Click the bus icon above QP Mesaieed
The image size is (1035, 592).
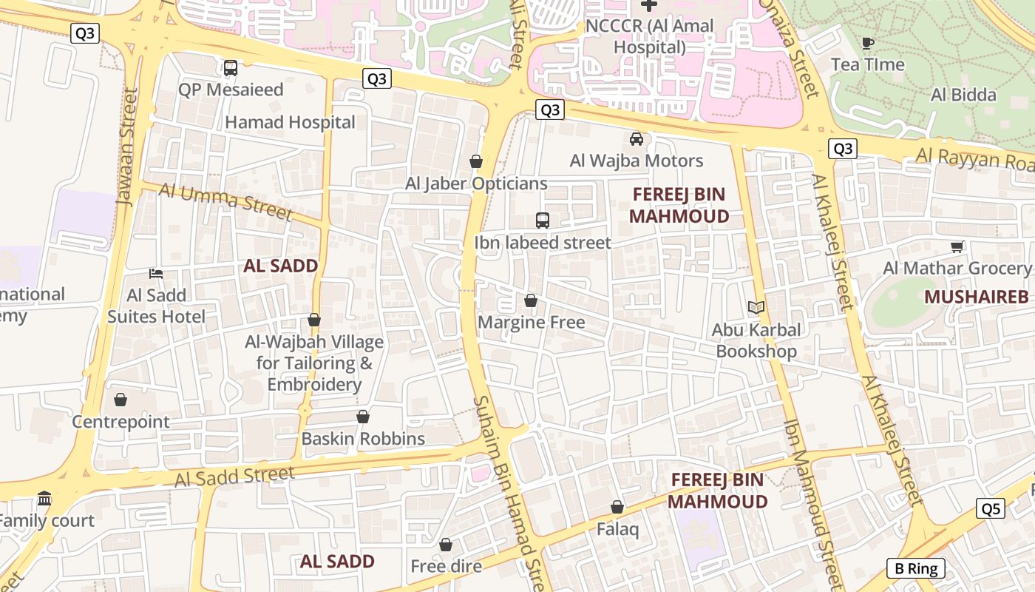click(x=231, y=68)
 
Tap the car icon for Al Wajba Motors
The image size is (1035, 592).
click(x=636, y=138)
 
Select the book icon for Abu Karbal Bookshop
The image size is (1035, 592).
click(x=756, y=307)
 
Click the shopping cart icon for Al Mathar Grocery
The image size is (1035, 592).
click(x=957, y=246)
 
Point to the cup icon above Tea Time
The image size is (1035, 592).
click(x=868, y=43)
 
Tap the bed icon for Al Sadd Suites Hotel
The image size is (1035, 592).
click(x=156, y=273)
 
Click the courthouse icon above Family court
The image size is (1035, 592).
click(x=44, y=498)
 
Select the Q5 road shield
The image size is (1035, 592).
click(x=990, y=508)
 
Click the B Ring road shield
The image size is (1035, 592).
click(x=915, y=568)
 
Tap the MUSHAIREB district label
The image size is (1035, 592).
click(x=976, y=297)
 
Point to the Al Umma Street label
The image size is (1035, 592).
click(x=225, y=201)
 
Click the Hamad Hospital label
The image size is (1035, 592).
click(x=290, y=122)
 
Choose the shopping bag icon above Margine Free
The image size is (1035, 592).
click(x=530, y=300)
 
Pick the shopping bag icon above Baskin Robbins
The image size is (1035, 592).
click(x=363, y=417)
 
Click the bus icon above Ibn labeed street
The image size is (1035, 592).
click(x=543, y=220)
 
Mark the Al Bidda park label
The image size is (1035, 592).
click(x=963, y=95)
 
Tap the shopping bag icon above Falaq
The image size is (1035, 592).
click(x=617, y=507)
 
